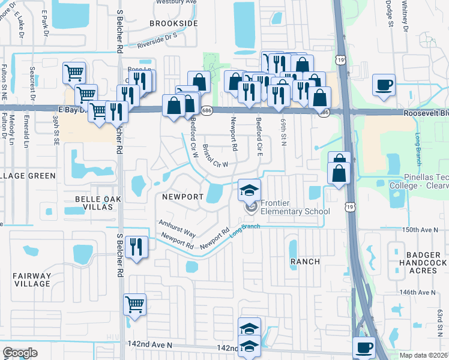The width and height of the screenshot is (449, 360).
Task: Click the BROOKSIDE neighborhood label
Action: [173, 23]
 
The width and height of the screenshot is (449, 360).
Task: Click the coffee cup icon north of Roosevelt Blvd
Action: [384, 85]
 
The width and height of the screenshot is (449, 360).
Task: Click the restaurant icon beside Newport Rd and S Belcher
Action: [137, 245]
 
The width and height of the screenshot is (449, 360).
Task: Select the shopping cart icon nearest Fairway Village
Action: [135, 304]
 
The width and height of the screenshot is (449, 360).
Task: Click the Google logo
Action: [20, 352]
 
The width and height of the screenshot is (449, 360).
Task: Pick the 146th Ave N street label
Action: [417, 292]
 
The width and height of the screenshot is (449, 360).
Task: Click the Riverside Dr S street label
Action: [157, 40]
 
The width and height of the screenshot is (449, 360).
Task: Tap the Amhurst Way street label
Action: [177, 226]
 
